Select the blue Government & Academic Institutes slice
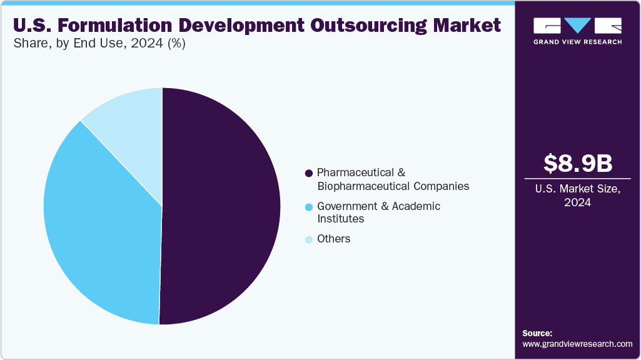pos(100,225)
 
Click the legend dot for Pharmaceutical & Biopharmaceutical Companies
pos(308,172)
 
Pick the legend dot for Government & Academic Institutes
pos(308,207)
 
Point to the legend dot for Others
pos(308,239)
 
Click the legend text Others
pos(334,239)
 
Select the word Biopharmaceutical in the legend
pos(363,186)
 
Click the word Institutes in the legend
pos(341,219)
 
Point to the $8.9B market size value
pos(577,163)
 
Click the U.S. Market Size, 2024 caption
pos(577,196)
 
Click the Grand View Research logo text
pos(577,42)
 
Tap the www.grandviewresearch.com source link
pos(577,344)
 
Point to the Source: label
pos(537,333)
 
